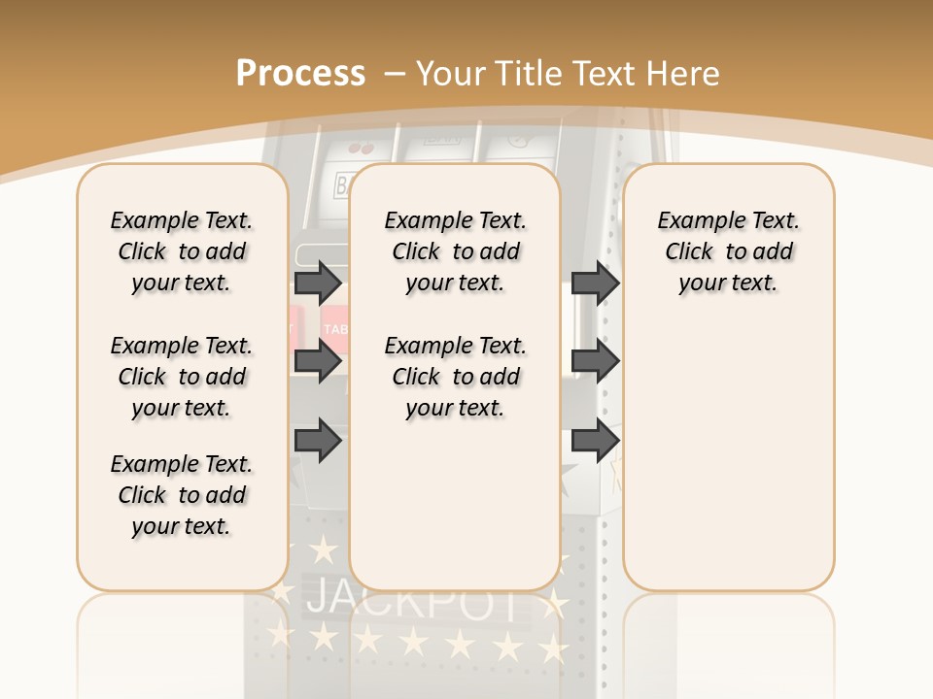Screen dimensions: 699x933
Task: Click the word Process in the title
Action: point(300,74)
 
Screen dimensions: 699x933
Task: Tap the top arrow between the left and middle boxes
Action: point(318,283)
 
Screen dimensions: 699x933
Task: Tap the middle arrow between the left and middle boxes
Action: point(318,361)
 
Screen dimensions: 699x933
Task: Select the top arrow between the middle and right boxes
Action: point(595,283)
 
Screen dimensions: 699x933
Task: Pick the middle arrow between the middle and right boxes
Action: point(595,361)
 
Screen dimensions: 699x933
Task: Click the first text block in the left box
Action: point(182,251)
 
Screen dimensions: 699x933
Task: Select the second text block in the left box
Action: point(182,377)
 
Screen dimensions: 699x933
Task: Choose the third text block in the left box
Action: point(182,495)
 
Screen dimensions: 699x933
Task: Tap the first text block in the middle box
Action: point(456,251)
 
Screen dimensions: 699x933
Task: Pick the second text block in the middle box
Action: point(456,377)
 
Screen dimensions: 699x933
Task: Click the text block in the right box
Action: point(729,251)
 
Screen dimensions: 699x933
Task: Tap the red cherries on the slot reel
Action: point(360,149)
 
